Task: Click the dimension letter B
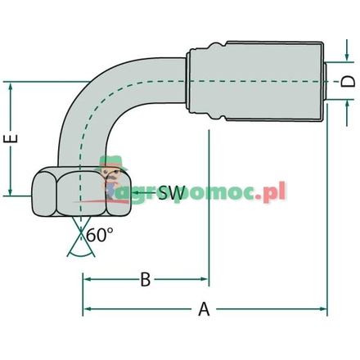tap(145, 280)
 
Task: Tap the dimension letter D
tap(348, 81)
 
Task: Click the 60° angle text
tap(99, 236)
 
